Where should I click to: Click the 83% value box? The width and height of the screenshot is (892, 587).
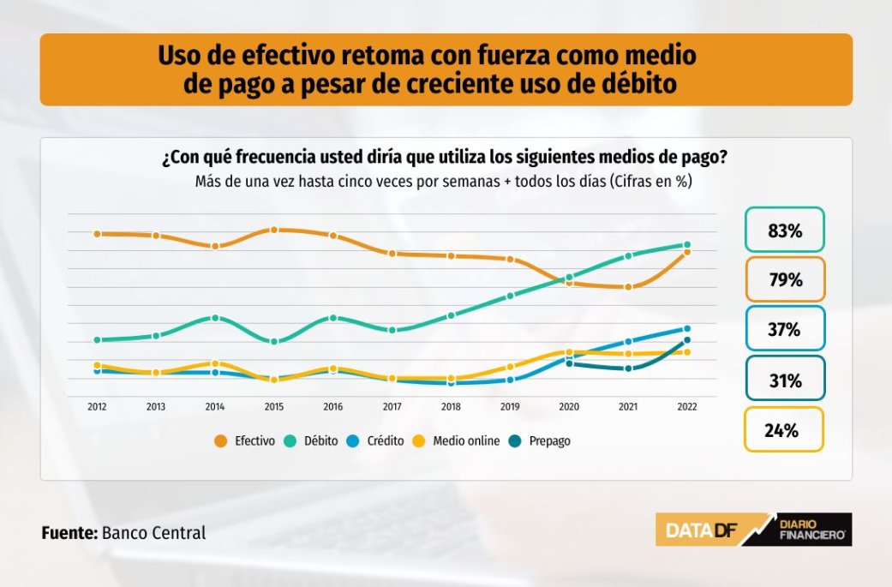pyautogui.click(x=784, y=231)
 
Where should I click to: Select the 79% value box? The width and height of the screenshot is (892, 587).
pyautogui.click(x=784, y=280)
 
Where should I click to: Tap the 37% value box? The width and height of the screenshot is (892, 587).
pyautogui.click(x=784, y=330)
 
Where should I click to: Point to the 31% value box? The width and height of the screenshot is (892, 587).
pyautogui.click(x=784, y=380)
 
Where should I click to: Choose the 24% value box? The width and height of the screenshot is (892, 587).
pyautogui.click(x=784, y=430)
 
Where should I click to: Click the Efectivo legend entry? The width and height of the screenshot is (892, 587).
pyautogui.click(x=245, y=440)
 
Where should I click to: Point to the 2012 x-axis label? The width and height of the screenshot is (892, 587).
pyautogui.click(x=97, y=407)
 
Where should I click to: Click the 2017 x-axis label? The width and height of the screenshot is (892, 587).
pyautogui.click(x=392, y=407)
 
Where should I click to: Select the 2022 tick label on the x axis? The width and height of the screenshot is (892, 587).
pyautogui.click(x=686, y=407)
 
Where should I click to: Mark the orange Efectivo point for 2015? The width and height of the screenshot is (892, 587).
pyautogui.click(x=274, y=230)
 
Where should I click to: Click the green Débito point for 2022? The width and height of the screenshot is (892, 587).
pyautogui.click(x=687, y=245)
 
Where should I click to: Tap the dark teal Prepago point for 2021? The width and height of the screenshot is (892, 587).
pyautogui.click(x=628, y=368)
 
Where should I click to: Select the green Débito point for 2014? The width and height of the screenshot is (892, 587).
pyautogui.click(x=215, y=318)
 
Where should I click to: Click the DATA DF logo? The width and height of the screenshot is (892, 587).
pyautogui.click(x=701, y=530)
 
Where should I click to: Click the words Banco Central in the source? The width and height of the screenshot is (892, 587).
pyautogui.click(x=154, y=532)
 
